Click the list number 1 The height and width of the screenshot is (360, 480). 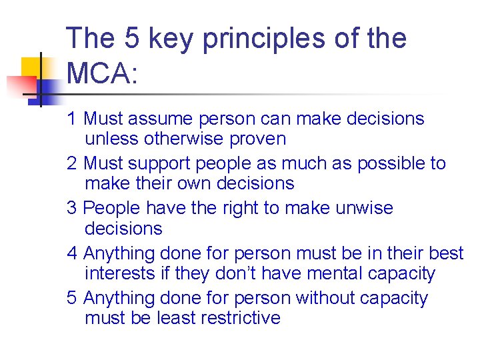pos(72,119)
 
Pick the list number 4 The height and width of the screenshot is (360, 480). pos(73,253)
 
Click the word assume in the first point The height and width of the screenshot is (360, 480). pos(161,119)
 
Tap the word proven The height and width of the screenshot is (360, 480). pos(257,139)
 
